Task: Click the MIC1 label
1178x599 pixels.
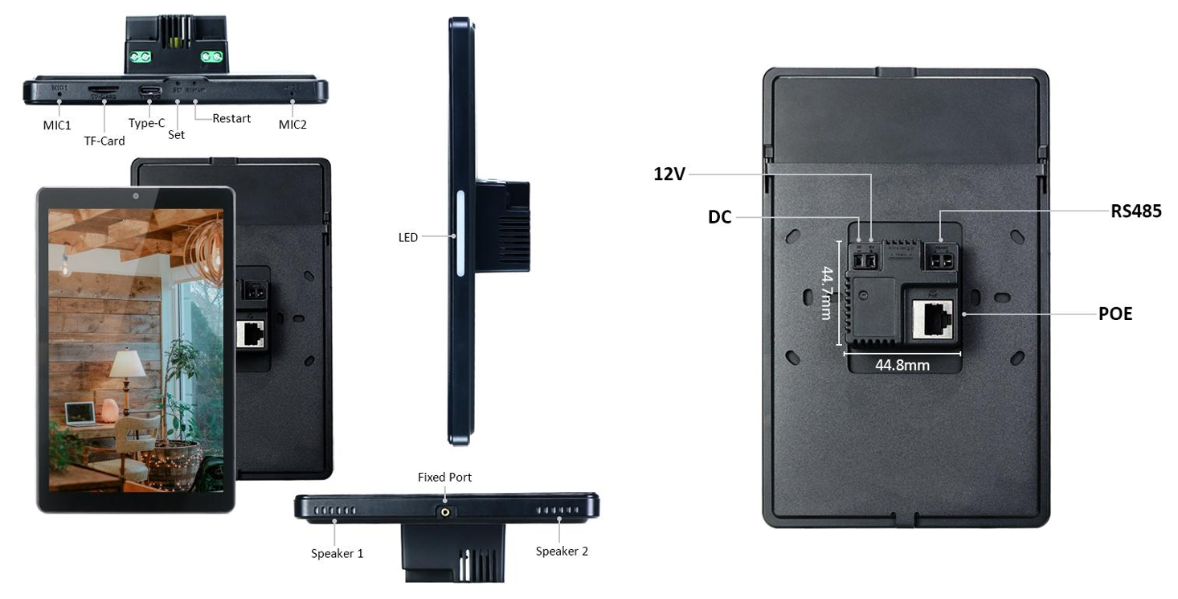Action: point(57,125)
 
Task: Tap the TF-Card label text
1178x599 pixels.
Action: point(104,141)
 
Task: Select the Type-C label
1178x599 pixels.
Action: point(146,123)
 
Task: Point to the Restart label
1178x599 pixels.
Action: point(231,118)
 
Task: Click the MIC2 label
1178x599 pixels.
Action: point(292,125)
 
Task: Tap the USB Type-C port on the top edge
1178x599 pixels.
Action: point(149,91)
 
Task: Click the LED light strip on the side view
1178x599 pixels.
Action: point(460,233)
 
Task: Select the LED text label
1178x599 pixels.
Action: point(408,237)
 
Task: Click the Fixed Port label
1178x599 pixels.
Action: point(444,477)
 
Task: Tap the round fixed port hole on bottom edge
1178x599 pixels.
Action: point(444,510)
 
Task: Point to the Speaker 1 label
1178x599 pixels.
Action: point(337,553)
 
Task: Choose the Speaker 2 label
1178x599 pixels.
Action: point(562,551)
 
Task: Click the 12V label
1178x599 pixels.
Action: point(669,174)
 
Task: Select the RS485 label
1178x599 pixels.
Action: point(1136,211)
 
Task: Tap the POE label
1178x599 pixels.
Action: point(1115,314)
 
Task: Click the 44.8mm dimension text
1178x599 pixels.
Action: point(902,365)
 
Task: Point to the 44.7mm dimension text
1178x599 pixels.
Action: point(826,293)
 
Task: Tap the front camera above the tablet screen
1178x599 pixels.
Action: point(136,196)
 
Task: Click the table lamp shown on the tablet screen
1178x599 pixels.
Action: point(127,370)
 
